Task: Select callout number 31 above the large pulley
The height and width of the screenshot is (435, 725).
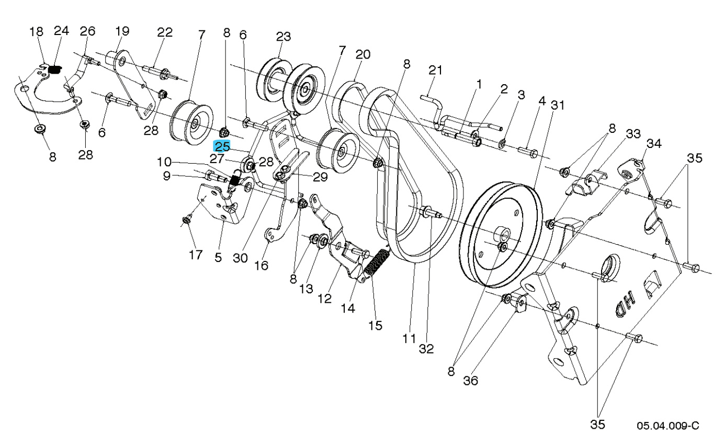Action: pos(558,105)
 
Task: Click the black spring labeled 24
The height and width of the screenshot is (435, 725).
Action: pos(55,68)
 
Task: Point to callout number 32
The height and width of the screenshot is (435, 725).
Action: pos(426,349)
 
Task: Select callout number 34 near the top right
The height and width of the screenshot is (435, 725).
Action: pos(653,143)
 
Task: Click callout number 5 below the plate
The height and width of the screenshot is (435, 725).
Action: pos(218,257)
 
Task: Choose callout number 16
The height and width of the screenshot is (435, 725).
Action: pos(261,266)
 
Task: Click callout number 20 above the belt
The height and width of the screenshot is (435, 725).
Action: pos(362,54)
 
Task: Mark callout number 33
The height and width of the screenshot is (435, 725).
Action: pos(633,134)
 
